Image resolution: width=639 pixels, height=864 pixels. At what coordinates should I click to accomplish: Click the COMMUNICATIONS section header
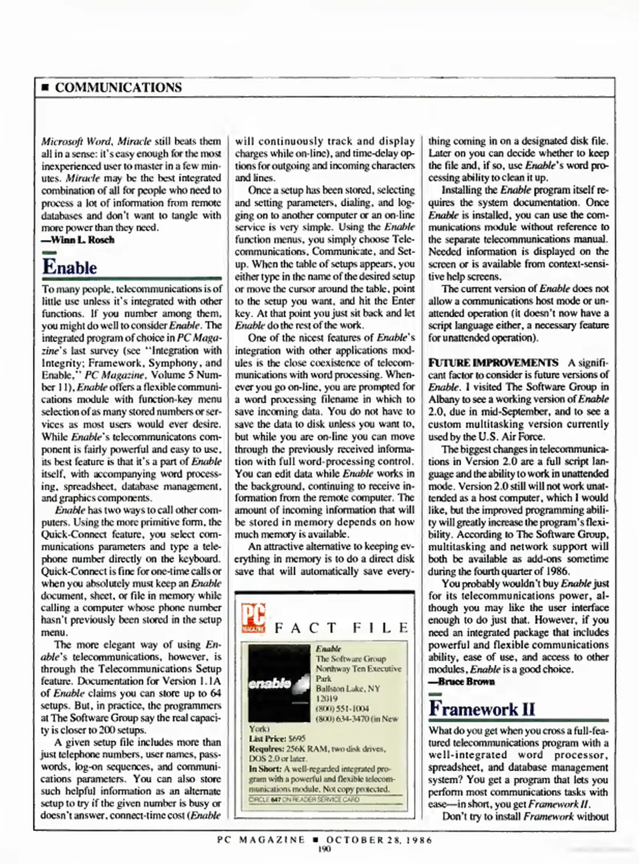[118, 87]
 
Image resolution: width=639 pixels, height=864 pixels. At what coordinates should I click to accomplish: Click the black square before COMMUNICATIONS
[45, 88]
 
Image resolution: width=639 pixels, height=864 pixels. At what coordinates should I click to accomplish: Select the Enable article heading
[70, 267]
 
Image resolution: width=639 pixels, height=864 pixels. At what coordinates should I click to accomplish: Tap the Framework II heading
[482, 709]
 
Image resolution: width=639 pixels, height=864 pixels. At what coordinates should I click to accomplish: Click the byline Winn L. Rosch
[78, 240]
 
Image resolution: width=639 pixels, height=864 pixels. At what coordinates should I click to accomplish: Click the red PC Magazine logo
[253, 618]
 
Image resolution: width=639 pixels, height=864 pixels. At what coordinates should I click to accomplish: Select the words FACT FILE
[341, 628]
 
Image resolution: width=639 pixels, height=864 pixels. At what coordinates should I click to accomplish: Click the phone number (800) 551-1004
[342, 708]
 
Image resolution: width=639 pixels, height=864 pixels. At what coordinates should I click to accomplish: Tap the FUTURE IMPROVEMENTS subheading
[493, 363]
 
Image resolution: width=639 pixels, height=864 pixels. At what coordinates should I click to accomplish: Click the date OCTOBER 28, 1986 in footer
[379, 840]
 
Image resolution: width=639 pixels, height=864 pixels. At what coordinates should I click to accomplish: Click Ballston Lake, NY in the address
[348, 688]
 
